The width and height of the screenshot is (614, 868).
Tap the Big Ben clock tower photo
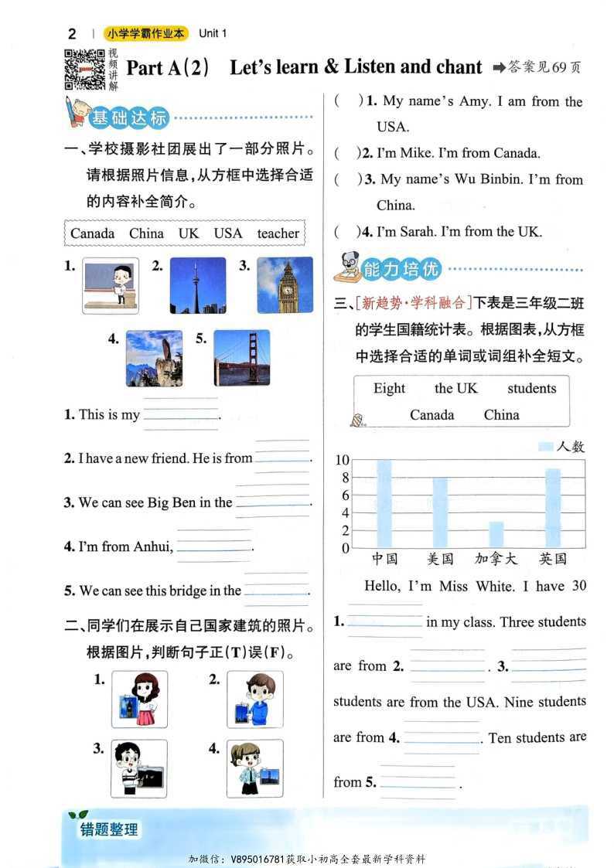[x=285, y=285]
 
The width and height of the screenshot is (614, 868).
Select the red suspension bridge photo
[x=241, y=358]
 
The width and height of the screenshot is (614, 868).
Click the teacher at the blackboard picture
[x=111, y=285]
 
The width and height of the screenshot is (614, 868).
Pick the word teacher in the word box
[x=278, y=233]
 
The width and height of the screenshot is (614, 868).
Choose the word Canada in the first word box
[x=92, y=233]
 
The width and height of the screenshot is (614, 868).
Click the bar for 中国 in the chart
[x=384, y=503]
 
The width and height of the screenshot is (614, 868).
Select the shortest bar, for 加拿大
[x=496, y=534]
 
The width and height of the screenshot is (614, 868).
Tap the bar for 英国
[x=553, y=508]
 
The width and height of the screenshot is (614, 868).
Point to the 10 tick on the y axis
[x=342, y=460]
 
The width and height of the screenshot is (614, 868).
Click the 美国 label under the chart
[x=440, y=559]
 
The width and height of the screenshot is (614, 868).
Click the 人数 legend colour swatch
[x=545, y=446]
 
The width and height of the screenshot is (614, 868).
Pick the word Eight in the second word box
[x=389, y=389]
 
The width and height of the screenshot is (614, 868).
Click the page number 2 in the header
[x=72, y=33]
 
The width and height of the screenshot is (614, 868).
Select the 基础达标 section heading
[x=128, y=118]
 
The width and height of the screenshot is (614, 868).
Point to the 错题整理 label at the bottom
[x=109, y=829]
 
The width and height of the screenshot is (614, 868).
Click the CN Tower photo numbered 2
[x=197, y=285]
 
